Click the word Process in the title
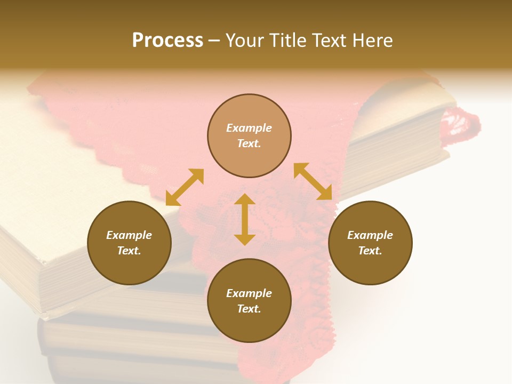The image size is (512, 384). point(167,41)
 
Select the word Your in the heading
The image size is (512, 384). point(245,41)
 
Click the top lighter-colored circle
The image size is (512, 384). point(249,135)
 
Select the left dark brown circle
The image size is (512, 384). point(129,243)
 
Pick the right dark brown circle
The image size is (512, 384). point(370,243)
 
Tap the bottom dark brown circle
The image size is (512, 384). point(249,301)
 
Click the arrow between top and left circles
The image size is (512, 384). point(185,187)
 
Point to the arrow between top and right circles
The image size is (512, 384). point(313,181)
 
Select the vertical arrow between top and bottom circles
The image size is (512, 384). point(245,219)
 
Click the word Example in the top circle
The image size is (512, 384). point(249,128)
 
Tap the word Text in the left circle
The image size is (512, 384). point(129,251)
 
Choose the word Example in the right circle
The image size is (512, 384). point(370,235)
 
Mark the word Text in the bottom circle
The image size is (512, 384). point(249,309)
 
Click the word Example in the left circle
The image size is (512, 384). point(129,235)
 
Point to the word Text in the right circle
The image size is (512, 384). point(370,251)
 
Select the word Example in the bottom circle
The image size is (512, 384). point(249,293)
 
